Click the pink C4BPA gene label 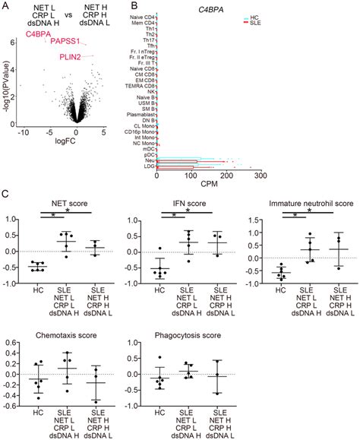[x=38, y=35]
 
